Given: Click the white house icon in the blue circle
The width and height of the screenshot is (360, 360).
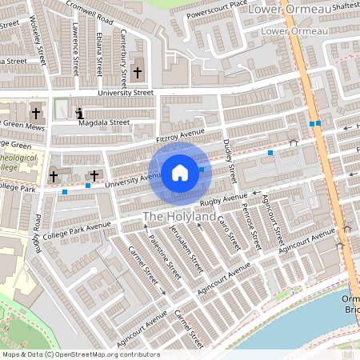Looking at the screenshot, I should point(180,173).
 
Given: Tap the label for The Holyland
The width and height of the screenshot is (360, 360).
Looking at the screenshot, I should point(179,217).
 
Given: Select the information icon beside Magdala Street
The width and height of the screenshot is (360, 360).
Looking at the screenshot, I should point(79,113).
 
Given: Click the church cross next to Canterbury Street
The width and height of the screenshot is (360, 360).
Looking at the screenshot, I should point(137,73).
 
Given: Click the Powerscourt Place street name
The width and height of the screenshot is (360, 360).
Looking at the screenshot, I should point(217,10).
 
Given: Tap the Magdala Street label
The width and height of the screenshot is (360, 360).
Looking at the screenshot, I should point(104,123).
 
